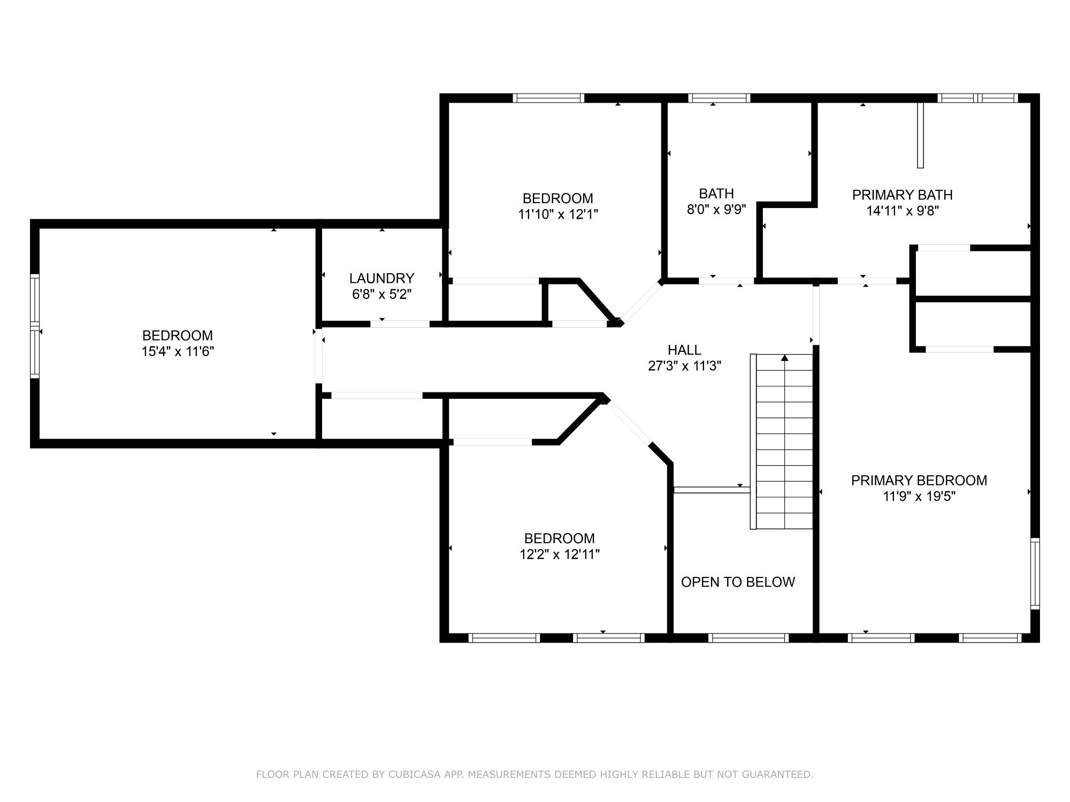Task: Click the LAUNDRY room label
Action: point(381,278)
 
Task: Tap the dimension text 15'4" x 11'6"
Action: point(178,352)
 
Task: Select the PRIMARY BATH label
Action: point(902,195)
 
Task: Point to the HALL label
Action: point(684,350)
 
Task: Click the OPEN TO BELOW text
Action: point(738,582)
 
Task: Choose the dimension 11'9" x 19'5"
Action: point(919,497)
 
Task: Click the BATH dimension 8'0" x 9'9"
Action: point(716,209)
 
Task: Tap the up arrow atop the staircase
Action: point(785,358)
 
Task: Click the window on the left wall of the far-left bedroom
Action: point(35,326)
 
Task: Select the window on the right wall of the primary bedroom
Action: point(1035,574)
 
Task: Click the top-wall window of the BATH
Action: point(719,98)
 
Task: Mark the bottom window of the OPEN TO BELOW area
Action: point(748,637)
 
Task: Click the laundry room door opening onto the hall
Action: point(400,323)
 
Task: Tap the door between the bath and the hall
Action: point(727,281)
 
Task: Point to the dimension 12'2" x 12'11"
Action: point(559,554)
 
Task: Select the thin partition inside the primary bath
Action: point(920,135)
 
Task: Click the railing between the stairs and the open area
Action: point(712,490)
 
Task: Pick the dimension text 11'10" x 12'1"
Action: point(557,214)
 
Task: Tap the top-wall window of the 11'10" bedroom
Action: point(548,98)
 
